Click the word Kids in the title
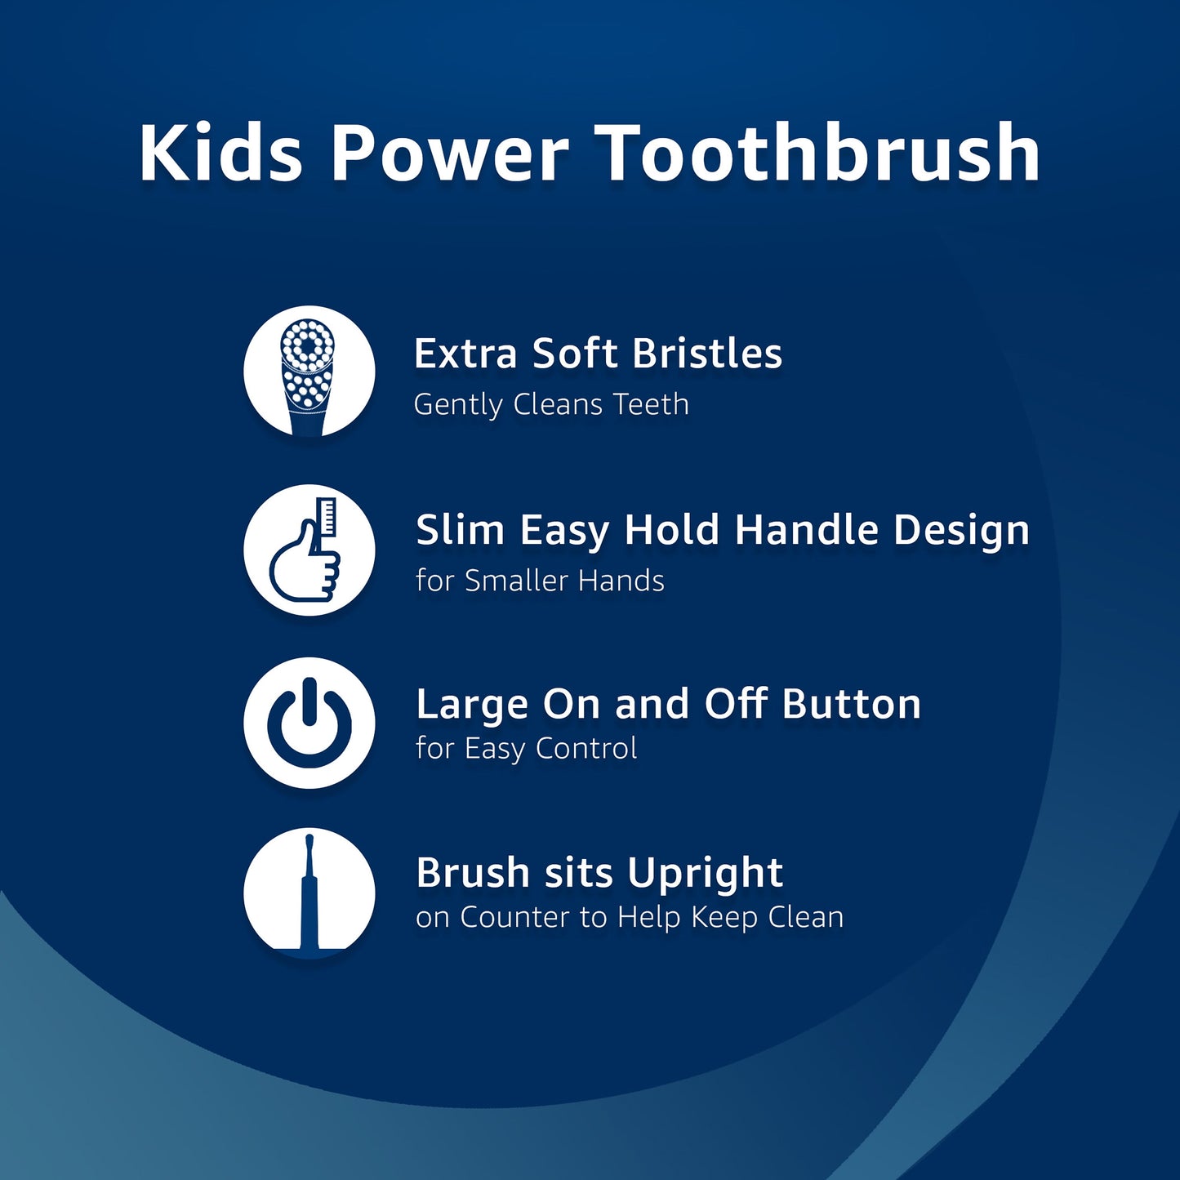pos(221,152)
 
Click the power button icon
pos(309,723)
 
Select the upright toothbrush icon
pos(309,893)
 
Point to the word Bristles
pos(706,354)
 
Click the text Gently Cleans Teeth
pos(551,405)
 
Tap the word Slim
pos(460,529)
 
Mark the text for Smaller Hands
pos(540,581)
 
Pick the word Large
pos(472,705)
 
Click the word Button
pos(851,704)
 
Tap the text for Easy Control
pos(527,748)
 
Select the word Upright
pos(705,873)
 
